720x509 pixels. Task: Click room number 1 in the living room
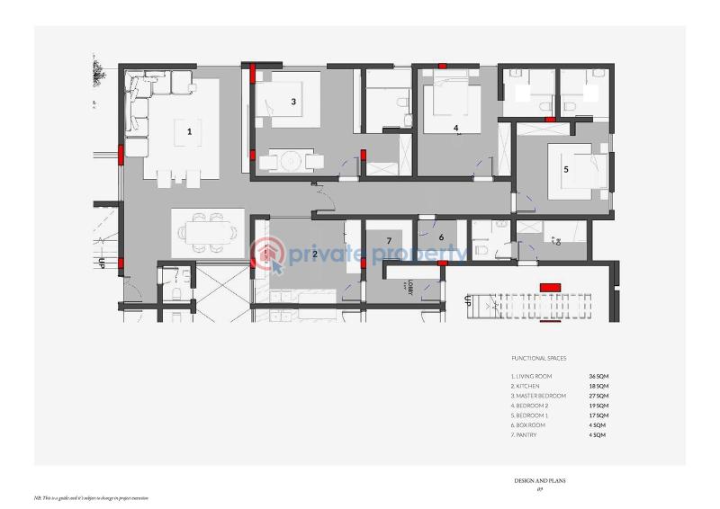(x=189, y=131)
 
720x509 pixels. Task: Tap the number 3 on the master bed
(x=293, y=102)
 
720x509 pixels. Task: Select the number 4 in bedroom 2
(x=456, y=129)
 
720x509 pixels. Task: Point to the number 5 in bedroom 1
(x=566, y=168)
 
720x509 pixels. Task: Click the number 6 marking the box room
(x=441, y=237)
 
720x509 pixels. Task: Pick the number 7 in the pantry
(x=388, y=240)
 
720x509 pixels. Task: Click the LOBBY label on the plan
(x=409, y=287)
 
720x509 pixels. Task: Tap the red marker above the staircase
(x=549, y=287)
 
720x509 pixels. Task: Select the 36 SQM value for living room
(x=598, y=376)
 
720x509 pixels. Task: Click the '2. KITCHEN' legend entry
(x=531, y=386)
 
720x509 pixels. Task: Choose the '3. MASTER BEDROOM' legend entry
(x=538, y=396)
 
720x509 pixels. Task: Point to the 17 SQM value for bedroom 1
(x=598, y=415)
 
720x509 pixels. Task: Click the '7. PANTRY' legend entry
(x=529, y=435)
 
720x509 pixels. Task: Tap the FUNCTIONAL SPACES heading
(x=538, y=358)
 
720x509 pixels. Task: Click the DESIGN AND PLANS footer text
(x=540, y=480)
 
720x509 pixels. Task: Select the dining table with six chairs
(x=208, y=231)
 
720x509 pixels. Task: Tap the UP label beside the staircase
(x=467, y=301)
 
